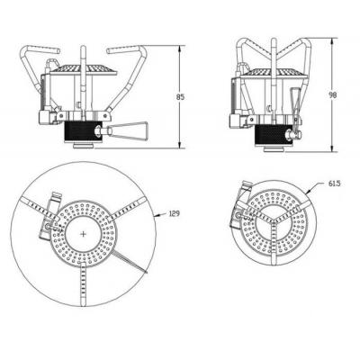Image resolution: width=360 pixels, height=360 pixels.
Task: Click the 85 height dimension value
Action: [x=181, y=97]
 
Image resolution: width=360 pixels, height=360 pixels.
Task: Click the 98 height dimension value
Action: [x=332, y=95]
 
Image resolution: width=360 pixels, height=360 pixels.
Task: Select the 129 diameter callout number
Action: [x=175, y=213]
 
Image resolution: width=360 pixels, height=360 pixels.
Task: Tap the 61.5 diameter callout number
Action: [x=334, y=184]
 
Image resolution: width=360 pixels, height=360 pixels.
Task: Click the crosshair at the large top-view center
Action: [x=84, y=234]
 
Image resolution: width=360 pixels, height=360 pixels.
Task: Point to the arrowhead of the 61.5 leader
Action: [x=306, y=191]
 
